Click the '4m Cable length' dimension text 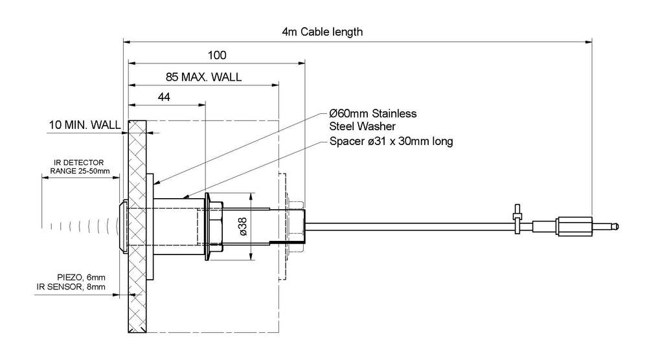click(x=323, y=32)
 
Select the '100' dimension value click(x=217, y=54)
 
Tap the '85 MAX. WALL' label click(x=203, y=77)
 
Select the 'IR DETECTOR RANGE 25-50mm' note click(x=77, y=167)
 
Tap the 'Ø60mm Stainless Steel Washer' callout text click(x=372, y=120)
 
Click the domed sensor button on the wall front click(x=123, y=226)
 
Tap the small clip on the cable click(x=517, y=218)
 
